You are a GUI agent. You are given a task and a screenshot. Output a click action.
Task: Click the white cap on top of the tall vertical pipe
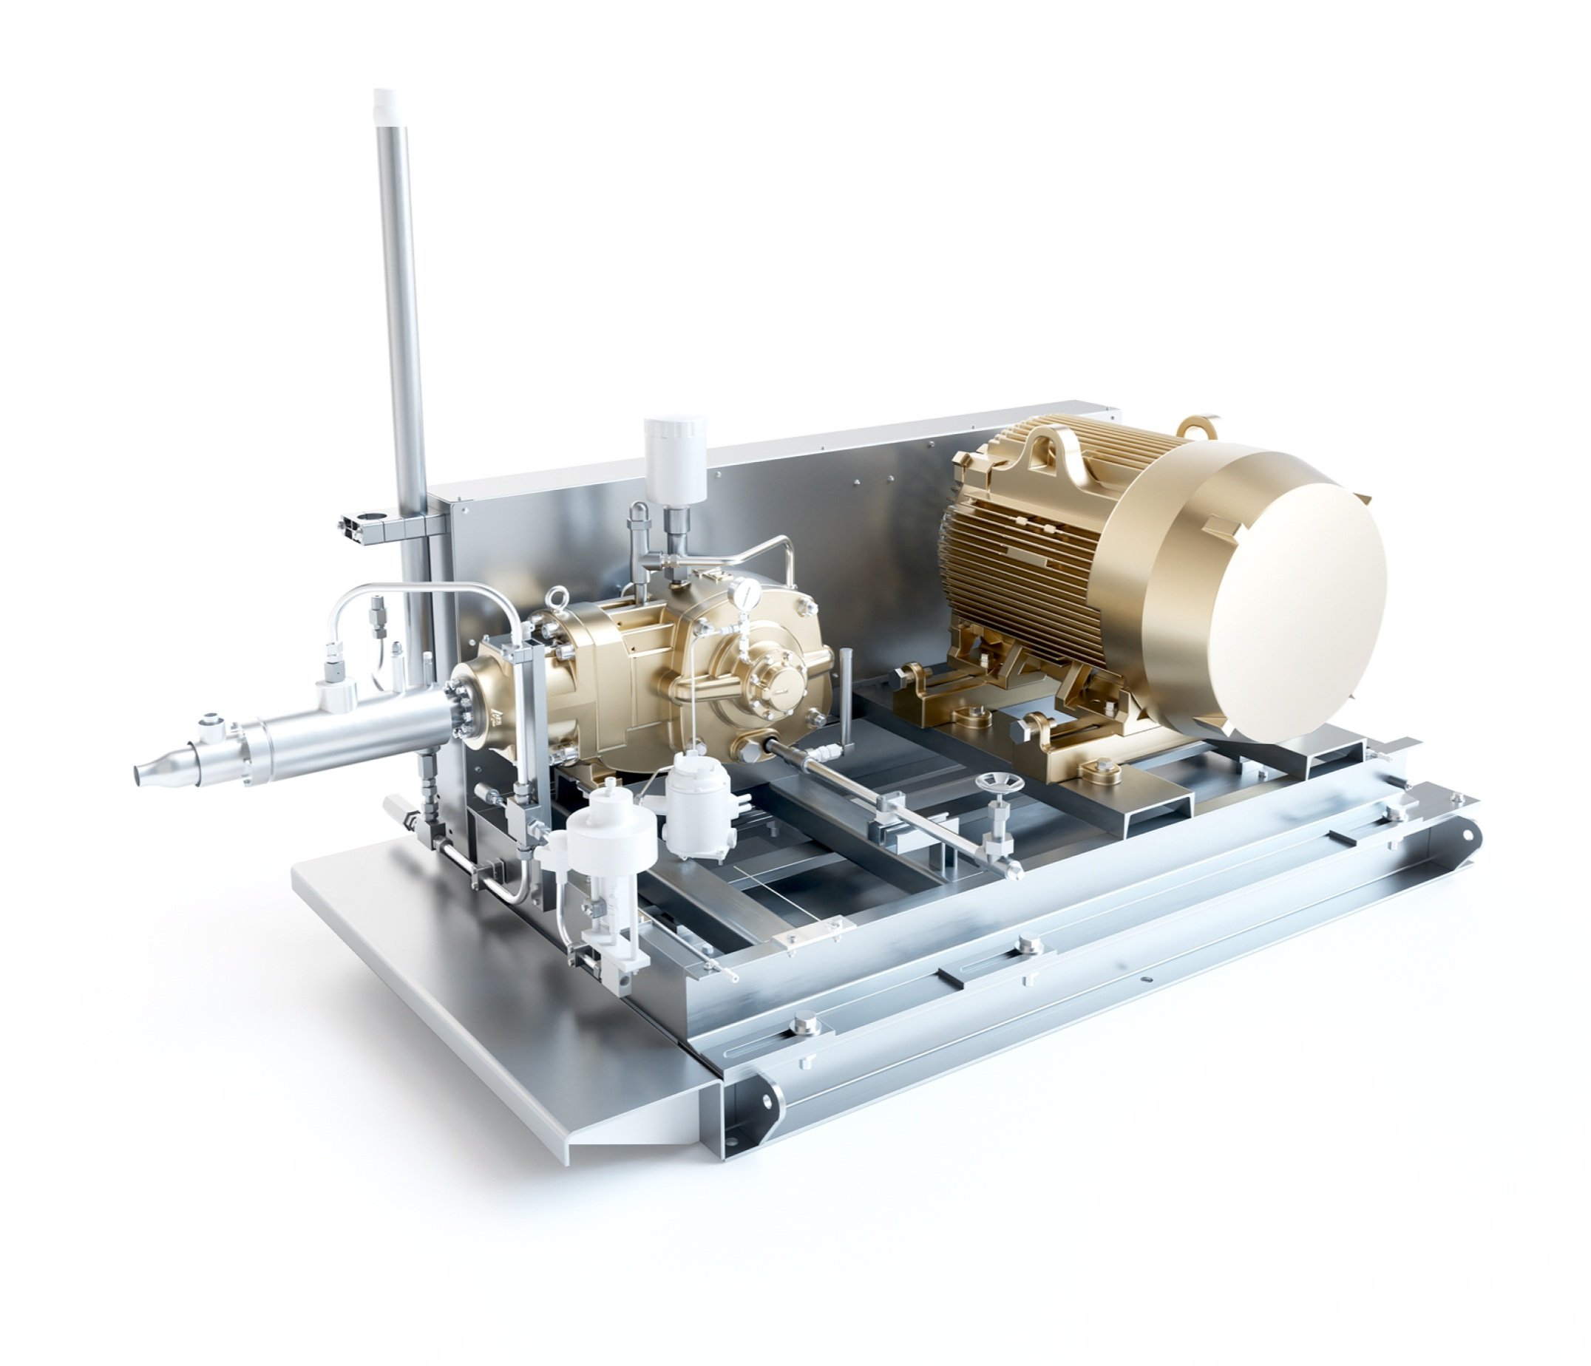click(x=384, y=102)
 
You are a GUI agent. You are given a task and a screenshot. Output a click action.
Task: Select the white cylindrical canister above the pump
click(x=675, y=454)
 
